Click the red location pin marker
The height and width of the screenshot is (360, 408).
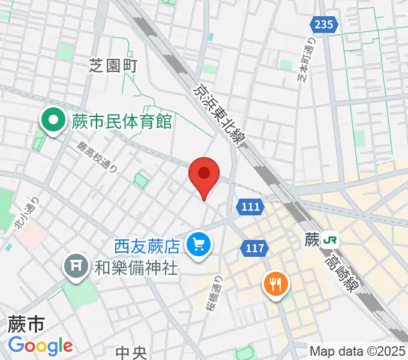(x=204, y=174)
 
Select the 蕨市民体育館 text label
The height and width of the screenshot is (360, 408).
(x=122, y=122)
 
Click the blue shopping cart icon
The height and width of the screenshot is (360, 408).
(x=197, y=244)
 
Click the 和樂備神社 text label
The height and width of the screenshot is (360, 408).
(x=136, y=267)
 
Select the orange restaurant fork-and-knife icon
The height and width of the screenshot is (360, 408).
(x=275, y=283)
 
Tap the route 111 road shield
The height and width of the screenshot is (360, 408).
(x=251, y=206)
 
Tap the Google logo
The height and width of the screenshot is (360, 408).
(x=40, y=346)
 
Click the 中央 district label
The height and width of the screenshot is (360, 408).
(x=131, y=351)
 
